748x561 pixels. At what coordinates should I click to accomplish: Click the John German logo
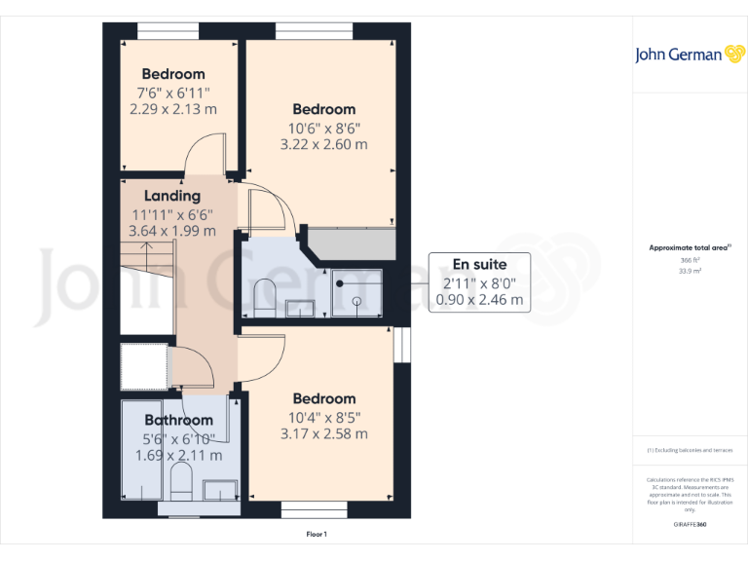pyautogui.click(x=690, y=55)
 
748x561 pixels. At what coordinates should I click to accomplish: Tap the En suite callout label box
pyautogui.click(x=481, y=282)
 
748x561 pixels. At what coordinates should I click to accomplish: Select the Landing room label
pyautogui.click(x=172, y=196)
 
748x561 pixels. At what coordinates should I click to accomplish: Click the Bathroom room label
pyautogui.click(x=178, y=420)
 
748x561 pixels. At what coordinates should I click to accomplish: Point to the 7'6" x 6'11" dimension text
pyautogui.click(x=172, y=93)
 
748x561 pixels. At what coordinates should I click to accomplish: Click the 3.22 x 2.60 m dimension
pyautogui.click(x=323, y=144)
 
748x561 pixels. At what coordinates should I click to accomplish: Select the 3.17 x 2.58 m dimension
pyautogui.click(x=323, y=433)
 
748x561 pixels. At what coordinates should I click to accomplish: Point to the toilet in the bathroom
pyautogui.click(x=180, y=480)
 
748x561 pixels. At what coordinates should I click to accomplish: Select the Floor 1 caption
pyautogui.click(x=317, y=534)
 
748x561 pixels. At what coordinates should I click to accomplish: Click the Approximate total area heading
pyautogui.click(x=689, y=248)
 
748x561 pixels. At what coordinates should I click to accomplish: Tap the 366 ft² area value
pyautogui.click(x=689, y=260)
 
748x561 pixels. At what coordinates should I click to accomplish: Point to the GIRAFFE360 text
pyautogui.click(x=689, y=525)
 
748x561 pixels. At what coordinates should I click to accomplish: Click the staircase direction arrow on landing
pyautogui.click(x=145, y=255)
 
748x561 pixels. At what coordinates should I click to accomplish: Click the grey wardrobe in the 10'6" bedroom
pyautogui.click(x=351, y=243)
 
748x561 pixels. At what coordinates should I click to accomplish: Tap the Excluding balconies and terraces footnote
pyautogui.click(x=689, y=451)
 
